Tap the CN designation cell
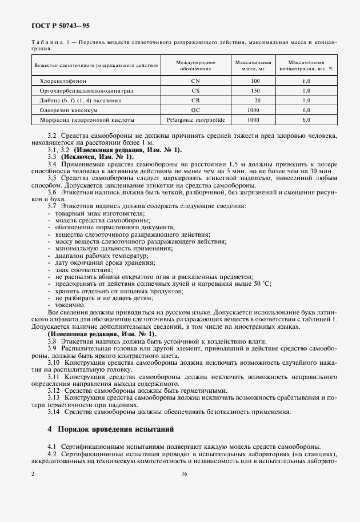(195, 81)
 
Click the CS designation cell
(195, 90)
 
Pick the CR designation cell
(195, 100)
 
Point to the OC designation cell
(195, 110)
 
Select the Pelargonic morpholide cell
(195, 120)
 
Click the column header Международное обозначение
(195, 65)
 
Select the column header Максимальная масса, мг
(253, 65)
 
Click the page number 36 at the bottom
(184, 473)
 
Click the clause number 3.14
(55, 412)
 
